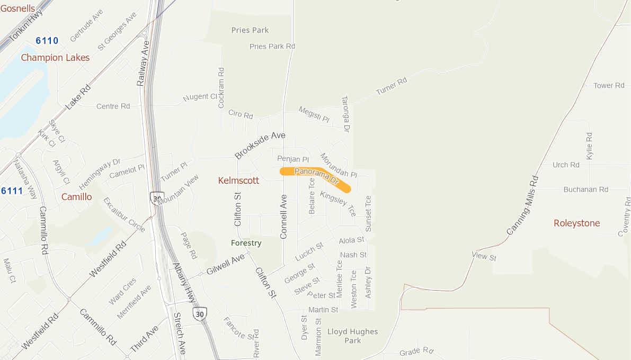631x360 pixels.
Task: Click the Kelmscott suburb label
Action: (239, 181)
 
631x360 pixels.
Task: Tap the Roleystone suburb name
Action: (577, 223)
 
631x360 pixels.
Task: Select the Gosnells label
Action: (17, 8)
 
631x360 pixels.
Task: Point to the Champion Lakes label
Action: (55, 58)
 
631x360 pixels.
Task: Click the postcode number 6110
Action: (47, 41)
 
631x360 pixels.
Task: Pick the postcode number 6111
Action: (12, 191)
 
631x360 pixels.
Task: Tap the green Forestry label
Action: (246, 243)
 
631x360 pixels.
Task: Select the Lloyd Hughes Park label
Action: (353, 336)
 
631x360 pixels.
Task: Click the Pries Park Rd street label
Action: (272, 47)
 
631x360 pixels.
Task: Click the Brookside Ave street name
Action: (260, 145)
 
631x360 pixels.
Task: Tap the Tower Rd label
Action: (609, 85)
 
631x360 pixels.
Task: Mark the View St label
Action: (484, 257)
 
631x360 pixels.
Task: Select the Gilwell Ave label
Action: (226, 264)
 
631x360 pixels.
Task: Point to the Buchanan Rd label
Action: (586, 189)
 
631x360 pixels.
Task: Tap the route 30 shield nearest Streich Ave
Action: (200, 313)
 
